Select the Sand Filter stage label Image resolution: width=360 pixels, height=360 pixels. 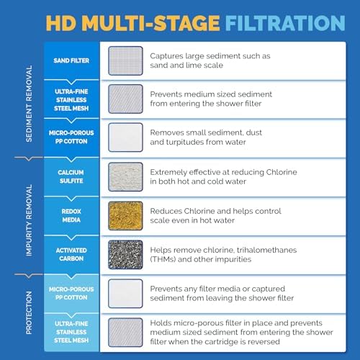coord(72,60)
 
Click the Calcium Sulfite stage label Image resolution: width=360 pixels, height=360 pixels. coord(72,176)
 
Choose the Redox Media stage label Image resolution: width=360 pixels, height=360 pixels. coord(72,215)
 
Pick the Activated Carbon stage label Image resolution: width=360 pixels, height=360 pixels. coord(72,253)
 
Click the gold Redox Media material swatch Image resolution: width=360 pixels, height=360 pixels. coord(125,215)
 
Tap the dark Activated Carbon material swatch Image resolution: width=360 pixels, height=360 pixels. coord(125,253)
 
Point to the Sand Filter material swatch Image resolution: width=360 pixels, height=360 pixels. coord(125,60)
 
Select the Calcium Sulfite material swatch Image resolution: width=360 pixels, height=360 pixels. coord(125,176)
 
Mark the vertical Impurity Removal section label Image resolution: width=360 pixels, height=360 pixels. coord(29,215)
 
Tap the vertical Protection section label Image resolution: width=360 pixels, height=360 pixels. coord(29,312)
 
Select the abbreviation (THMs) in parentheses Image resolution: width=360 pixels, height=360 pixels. coord(165,258)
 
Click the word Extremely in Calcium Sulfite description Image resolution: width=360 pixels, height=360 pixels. coord(172,171)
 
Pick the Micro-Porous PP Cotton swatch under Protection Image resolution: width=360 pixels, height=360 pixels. coord(125,292)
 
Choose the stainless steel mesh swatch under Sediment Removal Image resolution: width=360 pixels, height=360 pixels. coord(125,99)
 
